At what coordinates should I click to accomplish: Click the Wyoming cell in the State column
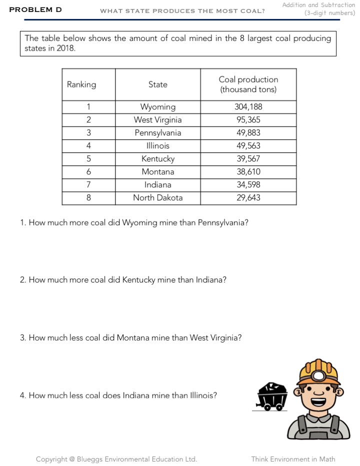[157, 107]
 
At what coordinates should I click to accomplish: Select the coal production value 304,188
[248, 107]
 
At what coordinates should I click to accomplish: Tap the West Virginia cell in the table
[157, 120]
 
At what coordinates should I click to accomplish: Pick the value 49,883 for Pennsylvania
[248, 133]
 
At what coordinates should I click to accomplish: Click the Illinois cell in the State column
[157, 146]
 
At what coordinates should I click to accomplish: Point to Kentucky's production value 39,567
[248, 159]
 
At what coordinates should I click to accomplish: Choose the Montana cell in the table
[157, 172]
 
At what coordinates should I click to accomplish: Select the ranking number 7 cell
[88, 185]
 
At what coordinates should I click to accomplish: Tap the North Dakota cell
[157, 198]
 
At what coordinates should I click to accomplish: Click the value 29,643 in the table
[248, 198]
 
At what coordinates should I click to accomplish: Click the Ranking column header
[81, 84]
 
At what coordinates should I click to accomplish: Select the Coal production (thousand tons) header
[248, 84]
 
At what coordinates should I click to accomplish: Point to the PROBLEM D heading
[35, 9]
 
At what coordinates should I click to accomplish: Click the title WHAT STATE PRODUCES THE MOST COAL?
[182, 11]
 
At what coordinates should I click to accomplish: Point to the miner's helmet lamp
[318, 374]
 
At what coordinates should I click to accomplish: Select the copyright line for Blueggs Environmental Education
[116, 459]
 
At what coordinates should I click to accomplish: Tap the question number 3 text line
[131, 338]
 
